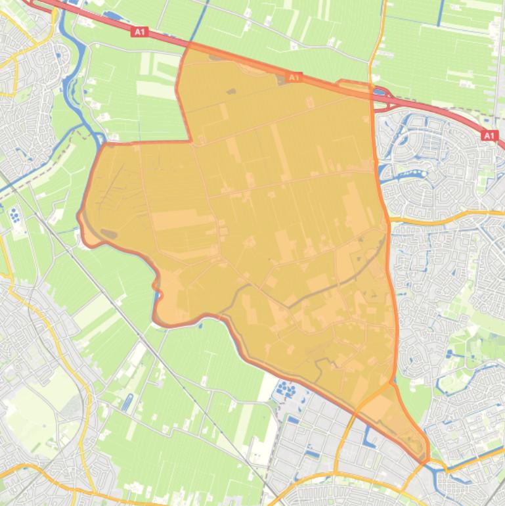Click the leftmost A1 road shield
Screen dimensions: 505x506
click(x=138, y=32)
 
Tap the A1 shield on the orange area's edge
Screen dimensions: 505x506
click(x=294, y=78)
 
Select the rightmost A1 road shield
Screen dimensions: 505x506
click(x=489, y=135)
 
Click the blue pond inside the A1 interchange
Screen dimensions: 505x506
click(x=379, y=93)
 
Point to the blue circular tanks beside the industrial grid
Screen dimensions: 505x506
click(x=287, y=391)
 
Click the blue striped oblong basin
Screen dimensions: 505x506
click(x=127, y=402)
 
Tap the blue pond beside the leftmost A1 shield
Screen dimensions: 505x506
click(x=113, y=15)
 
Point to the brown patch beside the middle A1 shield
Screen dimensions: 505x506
click(x=283, y=80)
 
